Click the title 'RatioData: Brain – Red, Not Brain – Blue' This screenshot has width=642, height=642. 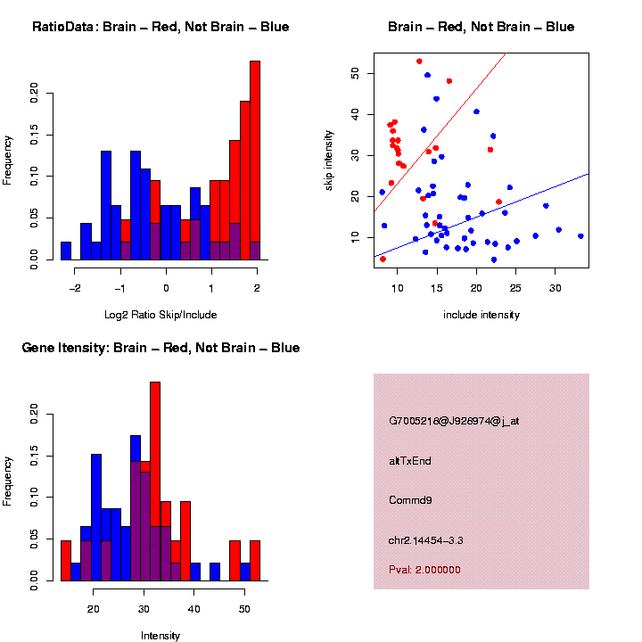(x=160, y=27)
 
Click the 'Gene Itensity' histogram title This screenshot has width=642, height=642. (x=160, y=348)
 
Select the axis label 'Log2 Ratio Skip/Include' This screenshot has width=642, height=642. (x=160, y=315)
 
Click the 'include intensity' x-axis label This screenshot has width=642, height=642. (x=481, y=315)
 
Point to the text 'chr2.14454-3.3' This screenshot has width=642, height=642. (x=426, y=540)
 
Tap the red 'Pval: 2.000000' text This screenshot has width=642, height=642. (x=424, y=570)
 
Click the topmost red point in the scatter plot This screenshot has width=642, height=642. (x=419, y=62)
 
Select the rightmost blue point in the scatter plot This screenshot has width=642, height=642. (x=580, y=236)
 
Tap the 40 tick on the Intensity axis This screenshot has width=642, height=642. (x=193, y=595)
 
